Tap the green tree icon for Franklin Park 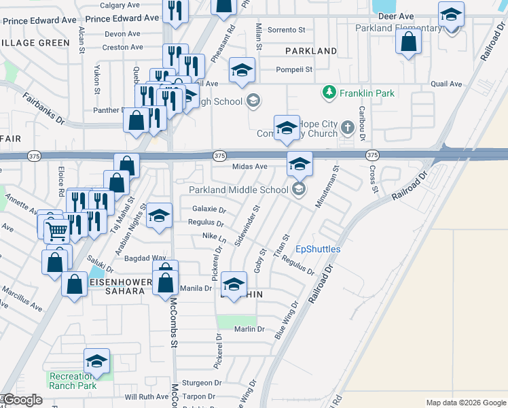click(x=329, y=92)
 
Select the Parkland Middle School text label click(x=238, y=190)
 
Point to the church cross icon click(x=348, y=128)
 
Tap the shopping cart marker click(x=57, y=231)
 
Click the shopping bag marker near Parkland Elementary click(x=408, y=42)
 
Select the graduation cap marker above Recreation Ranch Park click(x=96, y=361)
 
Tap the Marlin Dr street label click(x=249, y=329)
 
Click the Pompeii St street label click(x=294, y=69)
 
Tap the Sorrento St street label click(x=287, y=30)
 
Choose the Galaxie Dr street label click(x=208, y=209)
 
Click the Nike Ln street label click(x=214, y=236)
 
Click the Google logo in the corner click(x=23, y=400)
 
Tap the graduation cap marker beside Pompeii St click(x=241, y=71)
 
